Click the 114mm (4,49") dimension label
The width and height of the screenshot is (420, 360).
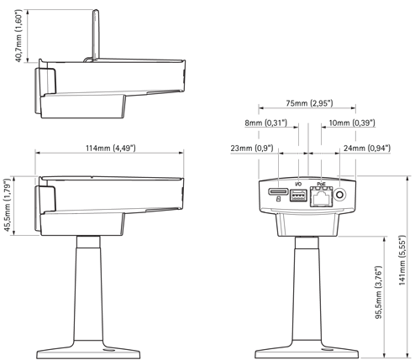109,149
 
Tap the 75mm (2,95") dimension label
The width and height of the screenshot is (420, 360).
308,103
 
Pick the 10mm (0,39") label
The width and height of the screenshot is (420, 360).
351,123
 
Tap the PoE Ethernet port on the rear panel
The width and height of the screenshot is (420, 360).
320,197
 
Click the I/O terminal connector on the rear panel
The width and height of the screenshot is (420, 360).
298,196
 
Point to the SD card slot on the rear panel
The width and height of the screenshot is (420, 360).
278,193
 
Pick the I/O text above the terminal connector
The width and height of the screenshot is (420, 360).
297,184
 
